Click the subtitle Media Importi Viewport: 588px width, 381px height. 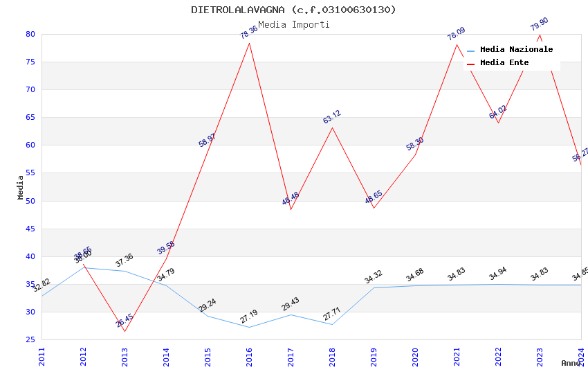point(293,24)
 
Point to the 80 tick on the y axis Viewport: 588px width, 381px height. point(30,34)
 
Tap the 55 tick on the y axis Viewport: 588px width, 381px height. point(30,173)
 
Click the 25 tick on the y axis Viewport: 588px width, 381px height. point(30,339)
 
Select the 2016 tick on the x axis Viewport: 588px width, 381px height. point(249,357)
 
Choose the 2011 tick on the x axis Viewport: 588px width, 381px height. point(42,357)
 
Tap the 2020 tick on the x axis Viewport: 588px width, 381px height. point(415,357)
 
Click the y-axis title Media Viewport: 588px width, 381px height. point(21,187)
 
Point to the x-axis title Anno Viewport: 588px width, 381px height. point(571,363)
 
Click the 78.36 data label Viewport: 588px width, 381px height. point(249,32)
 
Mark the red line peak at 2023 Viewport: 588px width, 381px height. point(540,35)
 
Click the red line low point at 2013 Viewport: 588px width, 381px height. point(125,331)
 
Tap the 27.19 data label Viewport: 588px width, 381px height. point(249,317)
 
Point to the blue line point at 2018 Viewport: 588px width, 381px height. point(332,324)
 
